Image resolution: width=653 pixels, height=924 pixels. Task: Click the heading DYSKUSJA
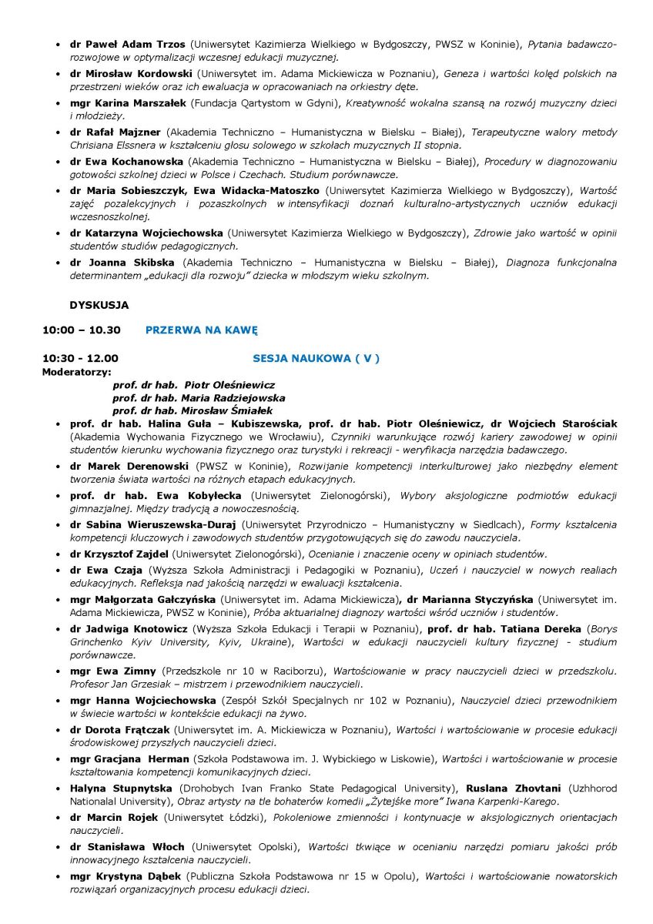(x=99, y=305)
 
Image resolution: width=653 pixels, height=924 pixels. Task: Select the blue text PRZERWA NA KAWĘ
(x=201, y=330)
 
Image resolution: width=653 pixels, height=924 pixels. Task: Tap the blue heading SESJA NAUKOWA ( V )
(x=316, y=358)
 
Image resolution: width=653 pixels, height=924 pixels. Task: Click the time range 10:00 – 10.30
(x=82, y=330)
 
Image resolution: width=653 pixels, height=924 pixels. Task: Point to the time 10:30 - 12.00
(x=80, y=358)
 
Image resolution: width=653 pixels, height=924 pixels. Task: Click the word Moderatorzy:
(x=74, y=371)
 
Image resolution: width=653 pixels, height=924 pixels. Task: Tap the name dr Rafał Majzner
(x=115, y=132)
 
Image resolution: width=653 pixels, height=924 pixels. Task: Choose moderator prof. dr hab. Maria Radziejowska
(x=199, y=398)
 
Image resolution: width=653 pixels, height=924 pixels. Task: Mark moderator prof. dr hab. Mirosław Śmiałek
(x=193, y=411)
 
